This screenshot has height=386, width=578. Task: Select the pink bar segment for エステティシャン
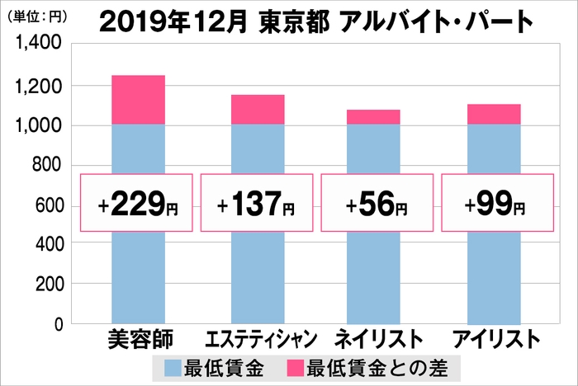[258, 110]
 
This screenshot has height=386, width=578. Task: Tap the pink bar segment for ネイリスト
[373, 117]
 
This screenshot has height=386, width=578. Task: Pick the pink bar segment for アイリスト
[494, 115]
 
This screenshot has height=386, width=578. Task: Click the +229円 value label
[136, 203]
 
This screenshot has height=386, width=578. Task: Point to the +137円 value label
[258, 203]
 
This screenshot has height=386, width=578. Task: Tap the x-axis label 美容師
[137, 340]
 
